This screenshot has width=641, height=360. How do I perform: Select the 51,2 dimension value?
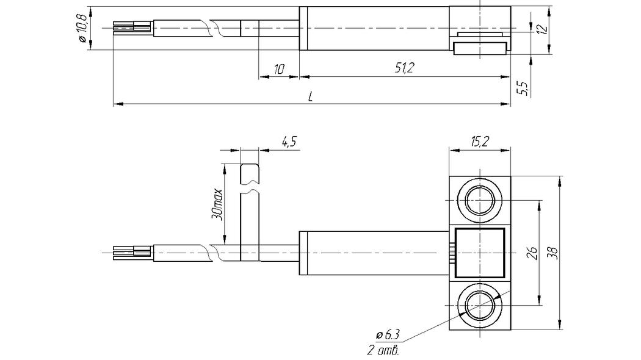(x=404, y=68)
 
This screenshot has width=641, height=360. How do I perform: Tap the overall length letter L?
(x=311, y=96)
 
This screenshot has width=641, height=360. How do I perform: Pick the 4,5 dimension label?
(x=289, y=142)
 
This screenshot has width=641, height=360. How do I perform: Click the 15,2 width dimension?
(x=479, y=142)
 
